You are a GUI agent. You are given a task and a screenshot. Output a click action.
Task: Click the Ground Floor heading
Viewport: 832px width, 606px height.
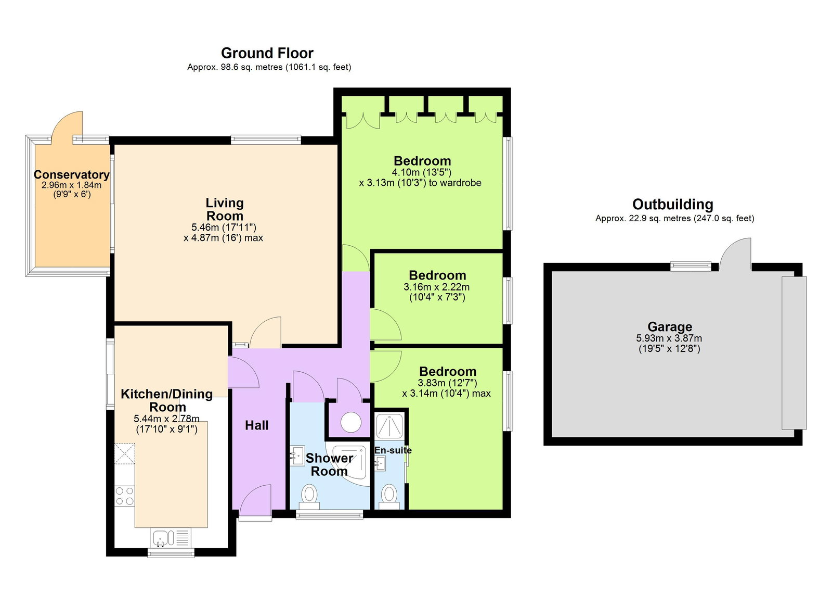267,53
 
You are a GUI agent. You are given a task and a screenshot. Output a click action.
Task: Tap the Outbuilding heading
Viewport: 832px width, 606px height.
672,204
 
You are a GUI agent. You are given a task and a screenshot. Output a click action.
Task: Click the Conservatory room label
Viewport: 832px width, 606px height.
71,174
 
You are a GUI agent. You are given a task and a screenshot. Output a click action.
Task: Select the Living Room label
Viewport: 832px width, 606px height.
224,209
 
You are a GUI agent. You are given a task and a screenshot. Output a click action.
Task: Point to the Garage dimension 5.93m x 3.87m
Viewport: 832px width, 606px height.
669,338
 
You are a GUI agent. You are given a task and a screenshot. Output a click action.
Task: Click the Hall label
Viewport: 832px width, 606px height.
257,425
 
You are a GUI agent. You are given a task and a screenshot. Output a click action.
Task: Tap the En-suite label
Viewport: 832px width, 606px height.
393,450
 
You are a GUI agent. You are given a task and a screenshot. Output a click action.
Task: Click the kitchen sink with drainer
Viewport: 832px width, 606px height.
171,538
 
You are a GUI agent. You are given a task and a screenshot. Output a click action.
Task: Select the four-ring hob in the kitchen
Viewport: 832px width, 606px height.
125,496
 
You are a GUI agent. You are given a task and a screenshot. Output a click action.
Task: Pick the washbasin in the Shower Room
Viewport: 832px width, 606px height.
297,456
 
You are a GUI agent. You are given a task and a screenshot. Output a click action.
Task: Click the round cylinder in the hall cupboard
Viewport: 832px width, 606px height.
351,422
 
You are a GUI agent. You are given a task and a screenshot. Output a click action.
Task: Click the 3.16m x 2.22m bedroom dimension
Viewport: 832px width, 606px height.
436,287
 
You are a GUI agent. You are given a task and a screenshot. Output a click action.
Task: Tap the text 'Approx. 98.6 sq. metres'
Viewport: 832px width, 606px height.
235,67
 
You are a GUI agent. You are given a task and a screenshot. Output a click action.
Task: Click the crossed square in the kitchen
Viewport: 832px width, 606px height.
125,453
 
